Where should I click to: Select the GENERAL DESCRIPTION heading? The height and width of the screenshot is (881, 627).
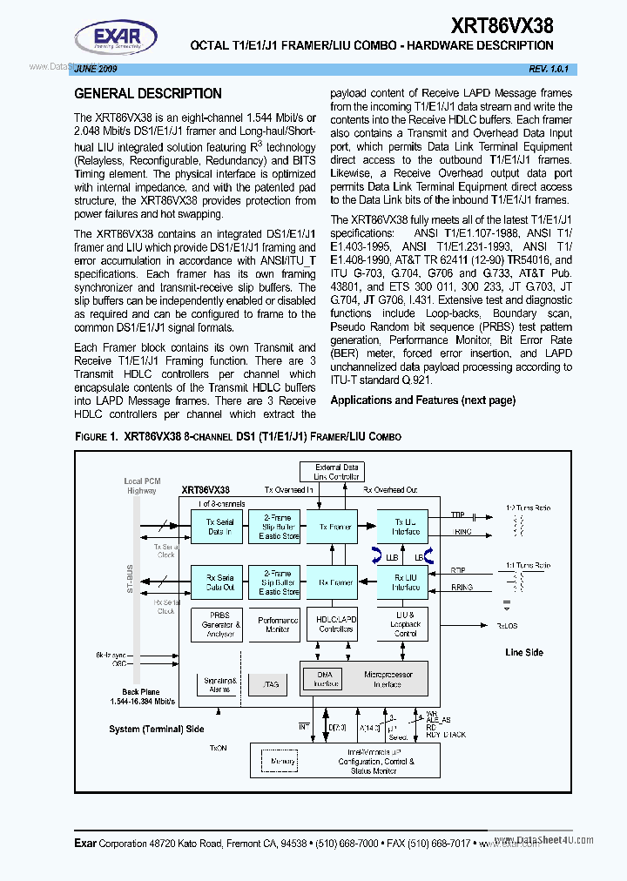click(148, 93)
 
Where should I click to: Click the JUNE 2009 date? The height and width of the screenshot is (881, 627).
click(96, 68)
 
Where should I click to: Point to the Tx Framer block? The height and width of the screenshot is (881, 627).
click(335, 527)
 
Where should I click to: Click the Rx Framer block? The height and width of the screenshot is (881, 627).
click(335, 582)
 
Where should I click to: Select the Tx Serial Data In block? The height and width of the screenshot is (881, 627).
click(219, 527)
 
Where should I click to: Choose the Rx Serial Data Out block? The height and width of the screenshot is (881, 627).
click(219, 582)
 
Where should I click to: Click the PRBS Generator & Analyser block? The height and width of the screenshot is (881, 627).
click(219, 624)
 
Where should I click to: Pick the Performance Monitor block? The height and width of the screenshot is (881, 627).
click(278, 624)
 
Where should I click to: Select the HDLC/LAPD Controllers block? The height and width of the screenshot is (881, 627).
click(335, 624)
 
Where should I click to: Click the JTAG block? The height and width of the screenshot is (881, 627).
click(271, 684)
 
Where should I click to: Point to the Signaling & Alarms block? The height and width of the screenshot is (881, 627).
click(219, 684)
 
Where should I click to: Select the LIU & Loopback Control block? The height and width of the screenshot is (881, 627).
click(405, 624)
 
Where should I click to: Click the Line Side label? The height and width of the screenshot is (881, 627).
click(523, 652)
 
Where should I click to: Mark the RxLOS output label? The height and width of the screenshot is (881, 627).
click(508, 625)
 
